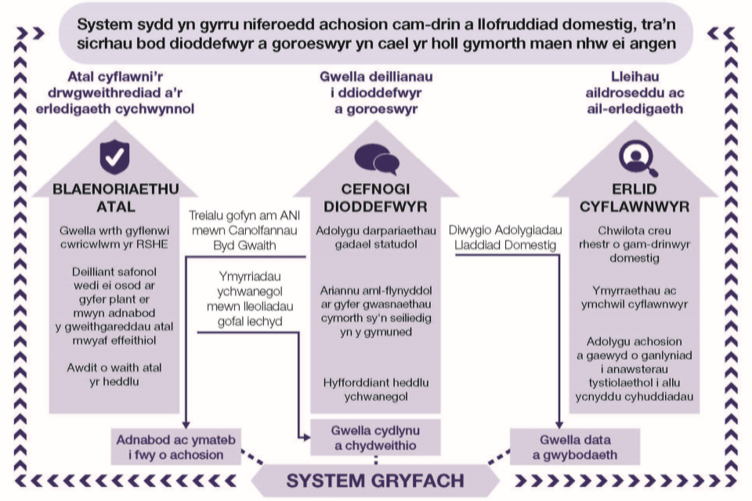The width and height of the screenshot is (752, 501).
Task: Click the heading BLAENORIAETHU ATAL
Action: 116,198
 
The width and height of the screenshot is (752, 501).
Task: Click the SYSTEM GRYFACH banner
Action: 375,480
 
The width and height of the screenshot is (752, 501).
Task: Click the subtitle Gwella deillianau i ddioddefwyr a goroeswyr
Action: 376,93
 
